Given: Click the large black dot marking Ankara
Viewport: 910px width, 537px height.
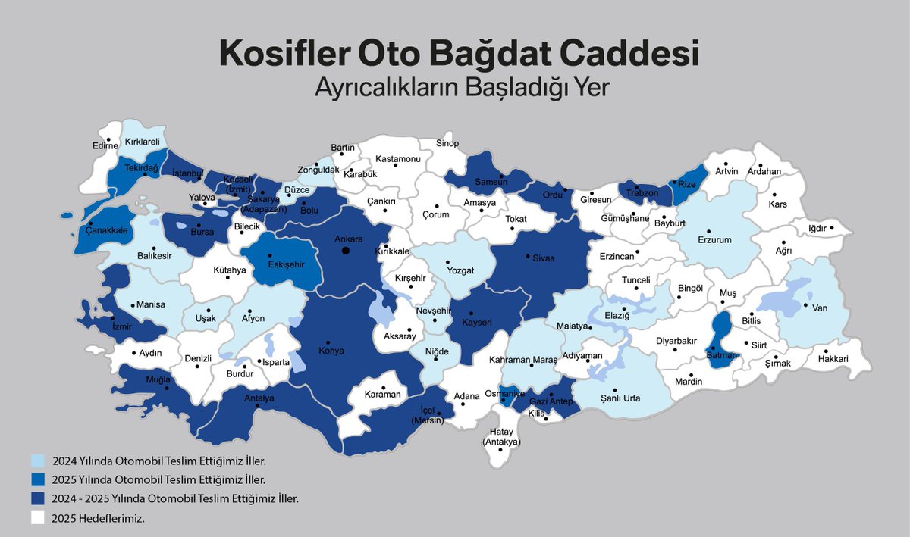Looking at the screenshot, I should pyautogui.click(x=344, y=250).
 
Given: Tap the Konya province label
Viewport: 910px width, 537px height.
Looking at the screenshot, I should pyautogui.click(x=331, y=351).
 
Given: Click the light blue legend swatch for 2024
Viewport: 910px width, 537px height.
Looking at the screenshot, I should pyautogui.click(x=38, y=460).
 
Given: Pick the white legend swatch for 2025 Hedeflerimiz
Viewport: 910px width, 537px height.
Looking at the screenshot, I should pyautogui.click(x=38, y=519).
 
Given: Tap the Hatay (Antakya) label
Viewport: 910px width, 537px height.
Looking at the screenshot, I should pyautogui.click(x=501, y=436).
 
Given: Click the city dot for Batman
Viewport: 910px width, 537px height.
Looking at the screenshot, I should pyautogui.click(x=713, y=347).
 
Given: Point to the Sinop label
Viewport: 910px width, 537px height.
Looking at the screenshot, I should pyautogui.click(x=447, y=143).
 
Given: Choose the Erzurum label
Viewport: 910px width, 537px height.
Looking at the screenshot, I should pyautogui.click(x=714, y=240).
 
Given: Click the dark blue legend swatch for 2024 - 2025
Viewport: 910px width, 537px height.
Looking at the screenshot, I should pyautogui.click(x=38, y=499).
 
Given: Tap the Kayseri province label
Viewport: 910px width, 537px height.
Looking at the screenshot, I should pyautogui.click(x=478, y=322).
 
